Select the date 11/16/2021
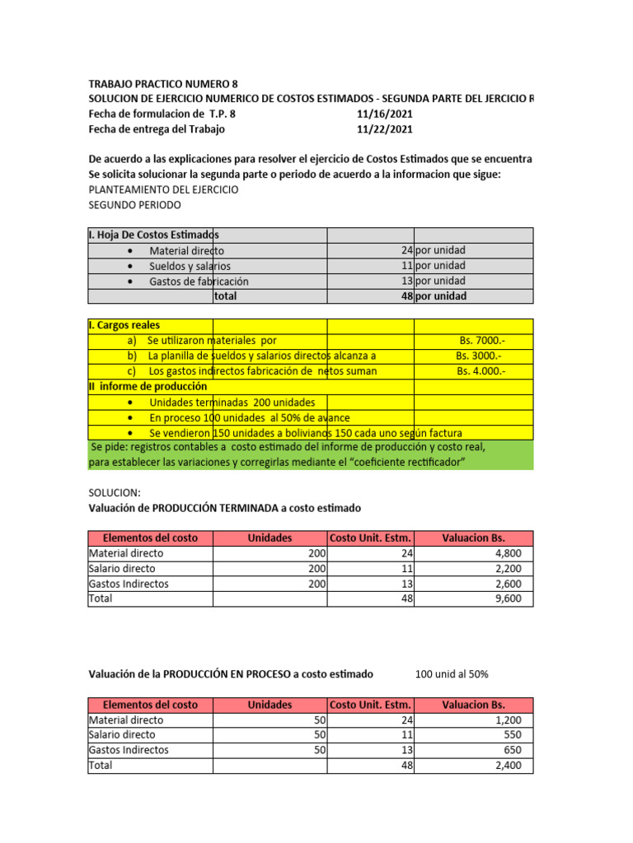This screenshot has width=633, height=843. (x=385, y=114)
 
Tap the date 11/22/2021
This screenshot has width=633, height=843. (x=385, y=129)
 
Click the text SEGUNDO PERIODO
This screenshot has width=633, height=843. (x=134, y=204)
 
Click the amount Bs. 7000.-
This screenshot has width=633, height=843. (x=482, y=340)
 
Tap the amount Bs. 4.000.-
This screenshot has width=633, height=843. (x=481, y=371)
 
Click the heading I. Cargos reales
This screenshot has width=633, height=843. (x=124, y=325)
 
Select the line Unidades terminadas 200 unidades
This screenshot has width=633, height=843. (x=232, y=403)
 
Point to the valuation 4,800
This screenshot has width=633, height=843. (x=507, y=553)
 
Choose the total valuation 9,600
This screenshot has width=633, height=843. (x=507, y=598)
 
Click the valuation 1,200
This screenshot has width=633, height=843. (x=507, y=720)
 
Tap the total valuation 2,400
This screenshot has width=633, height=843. (x=507, y=765)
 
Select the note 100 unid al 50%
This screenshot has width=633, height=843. (x=452, y=674)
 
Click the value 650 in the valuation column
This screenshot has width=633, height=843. (x=513, y=750)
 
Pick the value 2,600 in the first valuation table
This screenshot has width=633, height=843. (x=507, y=584)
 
